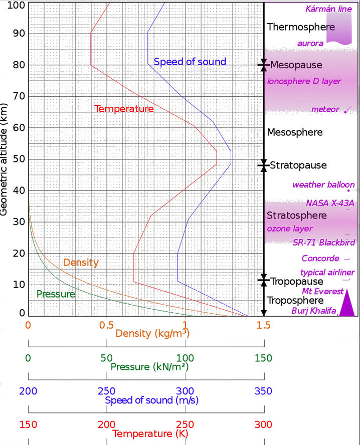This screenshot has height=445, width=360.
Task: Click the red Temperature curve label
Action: pyautogui.click(x=124, y=108)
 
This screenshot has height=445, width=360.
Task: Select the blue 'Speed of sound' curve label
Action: pyautogui.click(x=190, y=62)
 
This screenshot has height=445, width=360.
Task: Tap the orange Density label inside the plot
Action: pyautogui.click(x=81, y=263)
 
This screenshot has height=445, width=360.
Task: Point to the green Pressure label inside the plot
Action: pyautogui.click(x=56, y=294)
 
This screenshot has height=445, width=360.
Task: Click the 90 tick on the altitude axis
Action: pyautogui.click(x=18, y=34)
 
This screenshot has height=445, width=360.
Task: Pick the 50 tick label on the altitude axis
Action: pyautogui.click(x=18, y=159)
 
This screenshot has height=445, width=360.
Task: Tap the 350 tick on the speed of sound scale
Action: pyautogui.click(x=264, y=391)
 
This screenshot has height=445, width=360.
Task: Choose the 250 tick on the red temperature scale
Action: pyautogui.click(x=185, y=424)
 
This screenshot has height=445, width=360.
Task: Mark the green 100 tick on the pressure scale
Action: pyautogui.click(x=185, y=358)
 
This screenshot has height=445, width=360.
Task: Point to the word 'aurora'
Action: pyautogui.click(x=310, y=44)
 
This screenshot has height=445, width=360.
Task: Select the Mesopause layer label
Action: pyautogui.click(x=296, y=65)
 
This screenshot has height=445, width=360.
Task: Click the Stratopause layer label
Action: pyautogui.click(x=298, y=165)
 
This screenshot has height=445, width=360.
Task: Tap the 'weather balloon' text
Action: pyautogui.click(x=323, y=185)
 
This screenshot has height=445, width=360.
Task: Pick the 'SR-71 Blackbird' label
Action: pyautogui.click(x=324, y=243)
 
